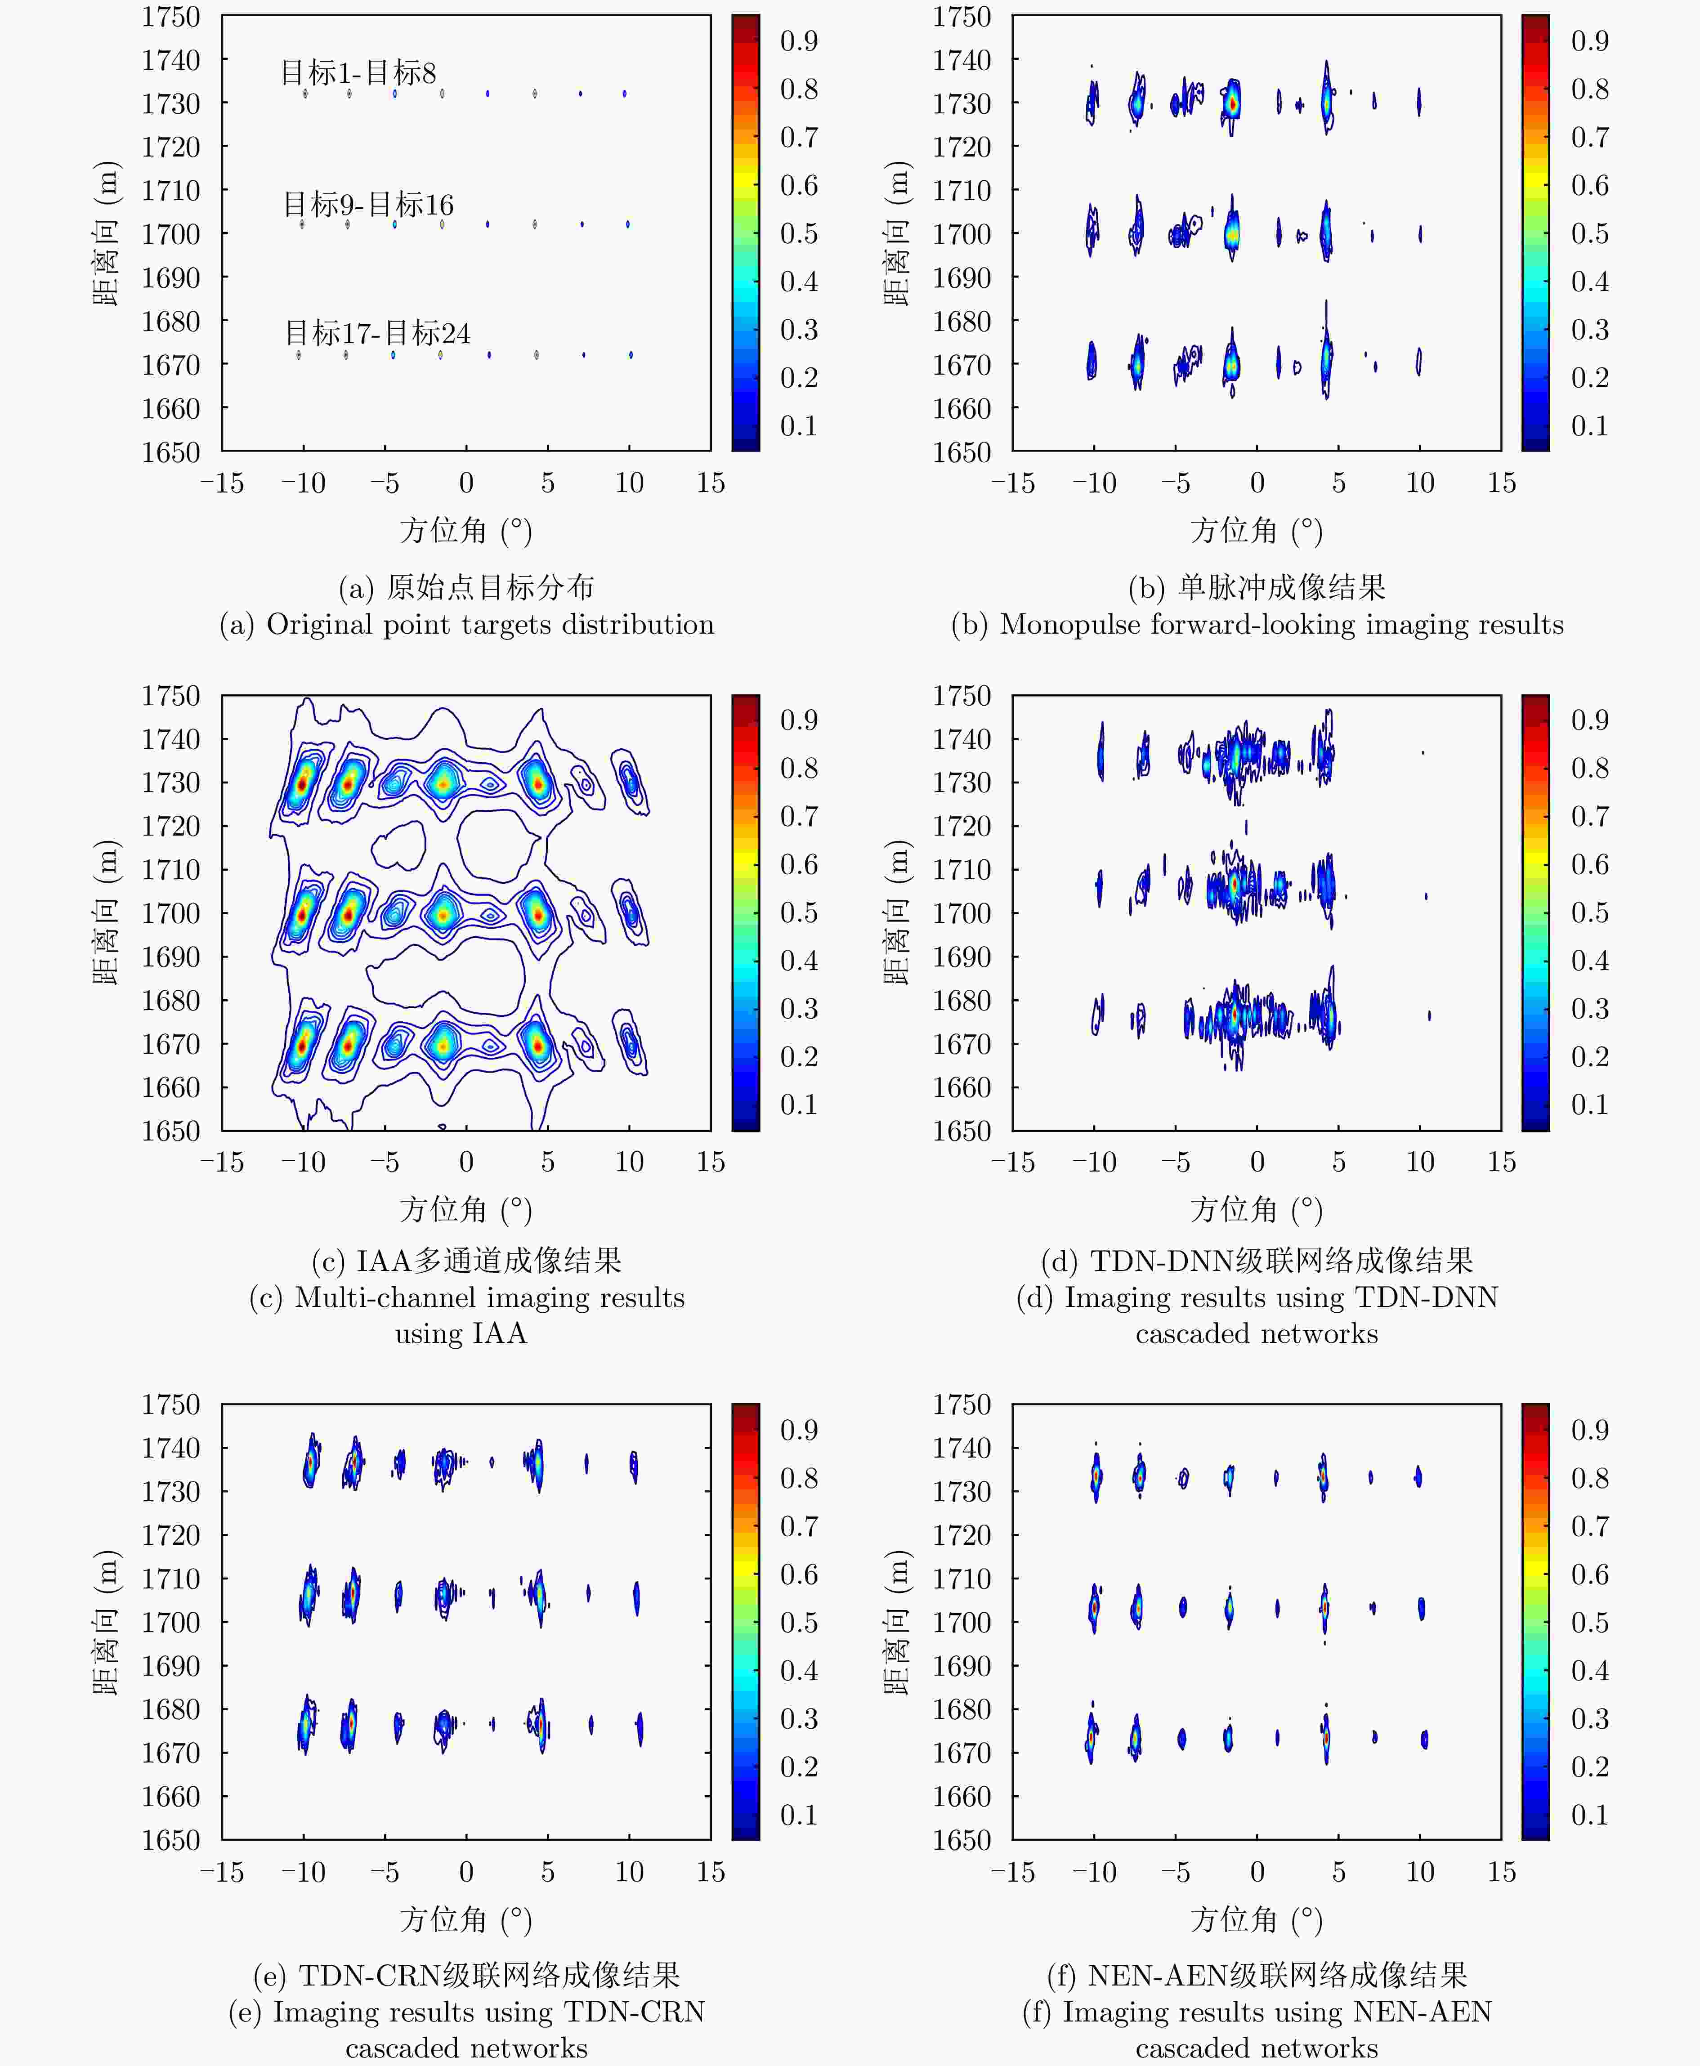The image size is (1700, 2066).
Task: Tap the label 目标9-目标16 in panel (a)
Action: coord(368,205)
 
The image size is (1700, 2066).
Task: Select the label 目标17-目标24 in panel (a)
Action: coord(377,333)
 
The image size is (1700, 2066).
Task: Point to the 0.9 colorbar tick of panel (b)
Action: coord(1589,41)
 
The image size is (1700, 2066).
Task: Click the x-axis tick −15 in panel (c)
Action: coord(222,1162)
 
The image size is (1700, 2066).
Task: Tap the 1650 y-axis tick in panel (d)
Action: coord(962,1131)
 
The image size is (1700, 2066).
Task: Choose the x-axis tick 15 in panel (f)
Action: coord(1501,1872)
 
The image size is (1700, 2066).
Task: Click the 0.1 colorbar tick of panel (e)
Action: coord(798,1814)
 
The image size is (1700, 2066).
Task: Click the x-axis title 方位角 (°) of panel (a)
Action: coord(465,531)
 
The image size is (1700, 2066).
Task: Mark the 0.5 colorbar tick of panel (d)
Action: coord(1589,912)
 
